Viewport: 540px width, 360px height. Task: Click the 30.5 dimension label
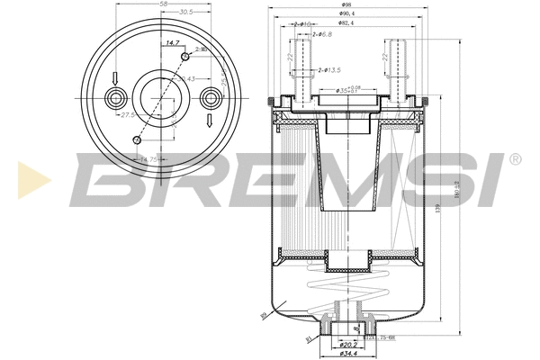[x=185, y=13]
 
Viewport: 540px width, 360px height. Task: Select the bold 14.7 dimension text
[x=171, y=43]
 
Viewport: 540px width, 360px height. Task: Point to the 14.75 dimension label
[x=147, y=159]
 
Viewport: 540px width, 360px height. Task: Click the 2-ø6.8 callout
[x=320, y=34]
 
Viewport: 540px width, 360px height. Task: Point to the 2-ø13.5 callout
[x=329, y=69]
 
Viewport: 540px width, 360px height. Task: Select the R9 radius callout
[x=264, y=316]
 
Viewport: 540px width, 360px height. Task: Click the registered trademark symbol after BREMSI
[x=514, y=158]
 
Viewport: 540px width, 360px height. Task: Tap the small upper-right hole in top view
[x=185, y=57]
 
